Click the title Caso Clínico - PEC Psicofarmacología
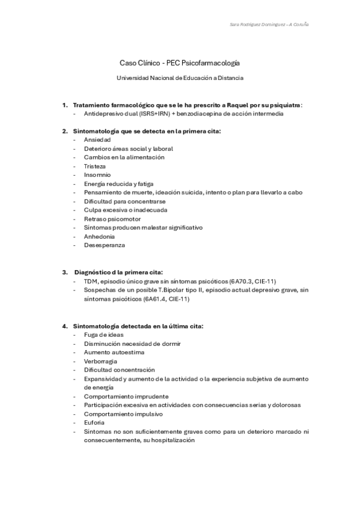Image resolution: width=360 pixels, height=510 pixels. tap(180, 63)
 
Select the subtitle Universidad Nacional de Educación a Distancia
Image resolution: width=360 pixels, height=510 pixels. tap(180, 78)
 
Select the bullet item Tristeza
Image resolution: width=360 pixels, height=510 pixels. tap(95, 166)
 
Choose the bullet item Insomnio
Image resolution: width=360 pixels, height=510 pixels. tap(97, 175)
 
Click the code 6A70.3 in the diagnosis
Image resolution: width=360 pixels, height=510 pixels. tap(242, 281)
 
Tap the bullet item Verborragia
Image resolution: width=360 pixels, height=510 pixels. tap(100, 361)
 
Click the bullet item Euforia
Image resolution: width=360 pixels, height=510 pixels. tap(94, 423)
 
